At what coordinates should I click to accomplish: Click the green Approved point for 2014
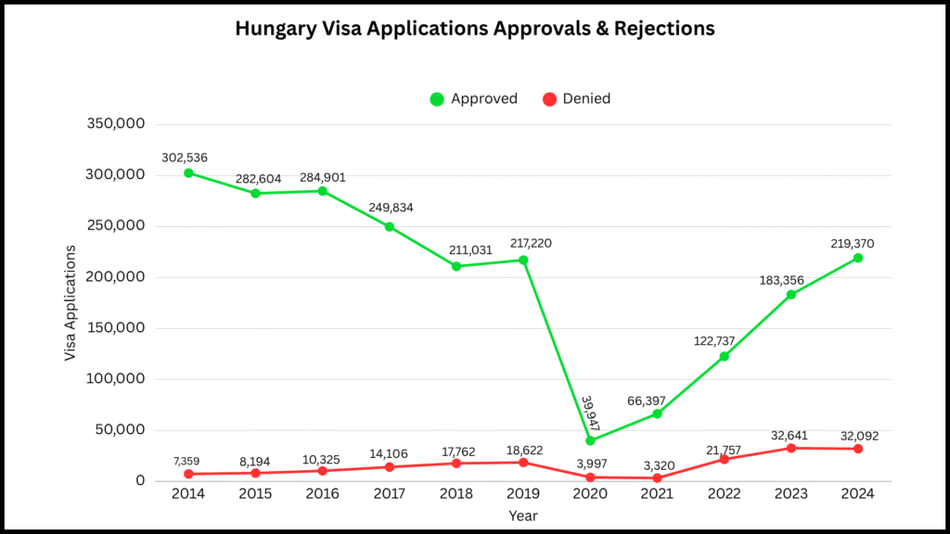188,173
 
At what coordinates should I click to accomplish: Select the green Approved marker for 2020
590,440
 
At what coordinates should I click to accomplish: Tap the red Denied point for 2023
790,448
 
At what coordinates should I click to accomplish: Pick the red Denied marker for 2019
523,462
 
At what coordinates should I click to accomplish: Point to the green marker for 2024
857,258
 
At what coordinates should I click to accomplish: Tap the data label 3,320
657,462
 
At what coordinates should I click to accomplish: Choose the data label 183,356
790,279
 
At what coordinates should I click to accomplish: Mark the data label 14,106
389,451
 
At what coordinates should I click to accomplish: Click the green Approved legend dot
437,99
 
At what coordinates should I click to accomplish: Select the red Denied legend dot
548,99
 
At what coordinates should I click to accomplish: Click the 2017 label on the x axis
389,494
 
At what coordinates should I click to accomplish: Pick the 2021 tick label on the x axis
657,494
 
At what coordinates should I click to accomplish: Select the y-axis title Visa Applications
71,303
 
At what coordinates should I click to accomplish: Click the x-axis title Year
522,515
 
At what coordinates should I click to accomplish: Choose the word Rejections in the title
661,29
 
